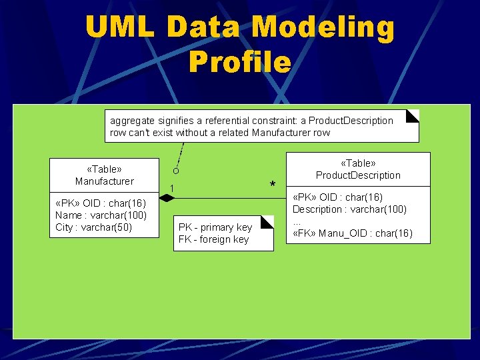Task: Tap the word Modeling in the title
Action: click(x=323, y=28)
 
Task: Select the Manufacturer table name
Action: click(x=104, y=181)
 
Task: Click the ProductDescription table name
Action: click(x=358, y=175)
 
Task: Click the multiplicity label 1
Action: click(x=171, y=188)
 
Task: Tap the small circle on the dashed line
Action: click(x=176, y=171)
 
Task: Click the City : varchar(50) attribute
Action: click(x=94, y=227)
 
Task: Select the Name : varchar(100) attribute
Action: click(x=101, y=215)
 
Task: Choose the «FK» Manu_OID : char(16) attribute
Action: click(x=353, y=233)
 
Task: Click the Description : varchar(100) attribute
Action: click(x=349, y=209)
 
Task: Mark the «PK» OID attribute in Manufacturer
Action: click(x=101, y=203)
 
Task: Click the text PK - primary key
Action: click(x=215, y=227)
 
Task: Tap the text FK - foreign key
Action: click(x=213, y=239)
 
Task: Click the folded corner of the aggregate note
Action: click(x=413, y=115)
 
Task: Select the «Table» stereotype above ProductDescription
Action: click(x=358, y=163)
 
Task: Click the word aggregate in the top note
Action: click(x=131, y=121)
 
